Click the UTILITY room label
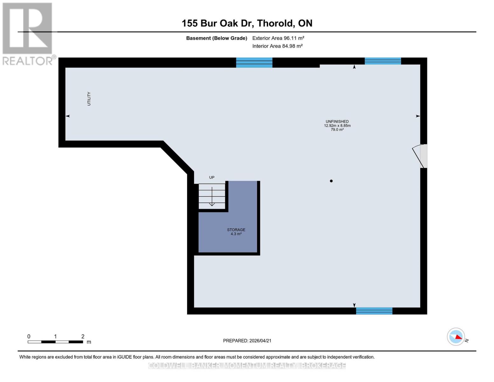89,99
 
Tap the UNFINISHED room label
337,121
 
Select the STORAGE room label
236,230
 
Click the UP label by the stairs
212,177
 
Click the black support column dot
331,181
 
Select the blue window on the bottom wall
374,311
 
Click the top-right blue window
383,61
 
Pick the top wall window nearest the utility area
254,63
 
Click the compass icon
456,336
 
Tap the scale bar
55,342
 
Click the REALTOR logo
28,34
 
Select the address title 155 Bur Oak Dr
247,23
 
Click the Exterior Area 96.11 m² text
278,38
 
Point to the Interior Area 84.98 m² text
277,46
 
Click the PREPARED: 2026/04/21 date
247,341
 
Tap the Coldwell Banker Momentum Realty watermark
247,366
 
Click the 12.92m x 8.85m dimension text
337,125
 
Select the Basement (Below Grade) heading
217,38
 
